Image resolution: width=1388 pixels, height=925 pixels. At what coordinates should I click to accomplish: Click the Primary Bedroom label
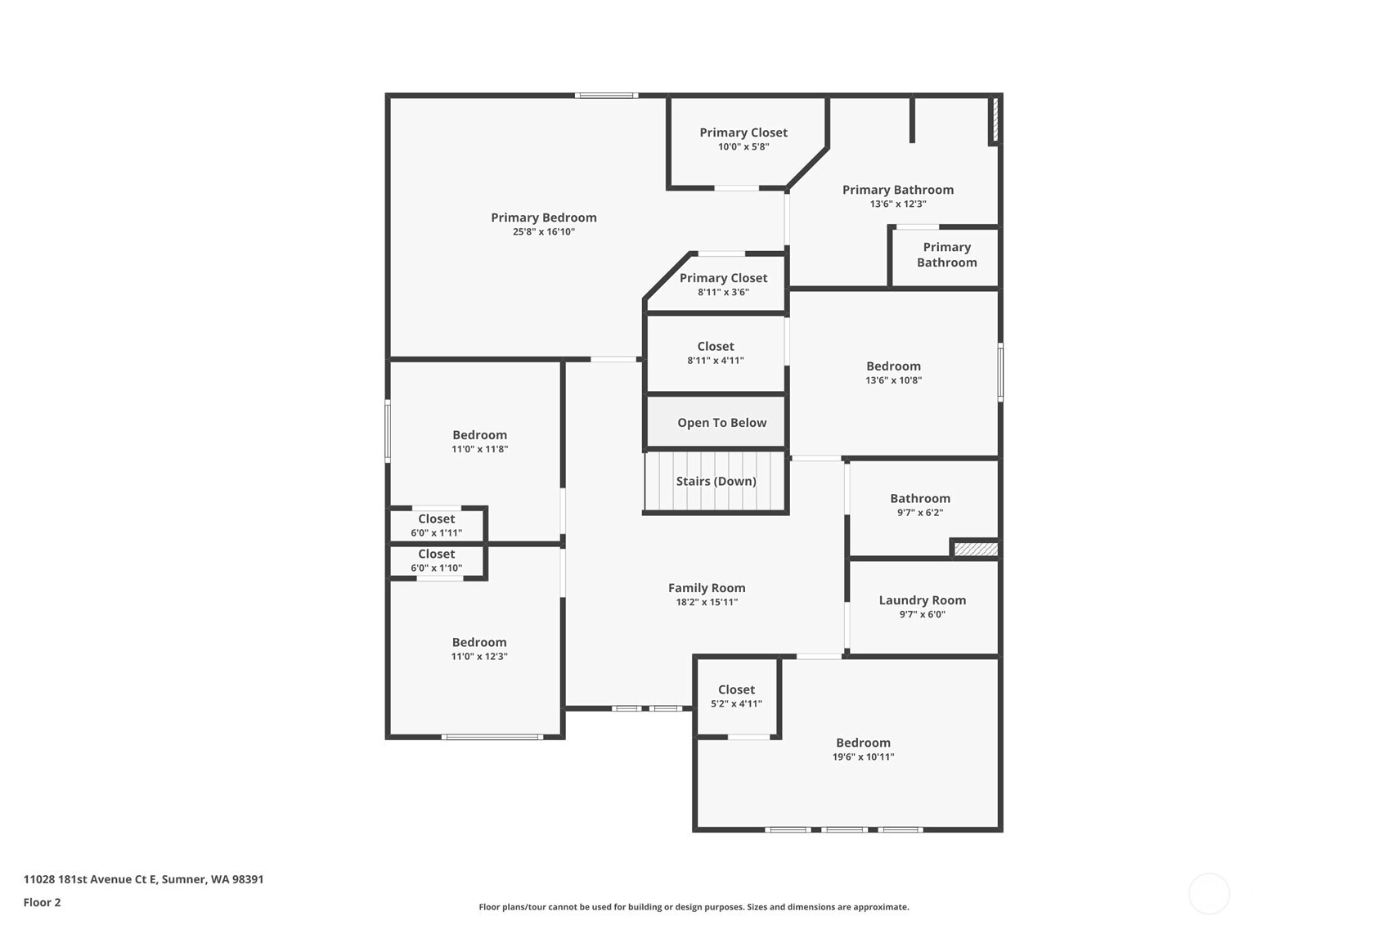coord(543,218)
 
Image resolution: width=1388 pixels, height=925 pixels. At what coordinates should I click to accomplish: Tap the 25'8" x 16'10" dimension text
coord(543,231)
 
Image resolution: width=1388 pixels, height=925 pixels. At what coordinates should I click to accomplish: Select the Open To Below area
coord(716,421)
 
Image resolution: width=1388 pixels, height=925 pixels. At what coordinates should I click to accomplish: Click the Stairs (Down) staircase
coord(715,481)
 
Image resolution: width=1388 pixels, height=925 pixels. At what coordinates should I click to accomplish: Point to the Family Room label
coord(707,588)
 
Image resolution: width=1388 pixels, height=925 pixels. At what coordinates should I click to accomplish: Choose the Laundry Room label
coord(922,600)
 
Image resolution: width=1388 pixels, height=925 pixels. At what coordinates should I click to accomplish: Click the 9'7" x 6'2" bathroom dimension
coord(920,512)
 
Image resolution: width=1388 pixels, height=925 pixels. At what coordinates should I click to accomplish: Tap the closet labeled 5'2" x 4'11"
coord(736,696)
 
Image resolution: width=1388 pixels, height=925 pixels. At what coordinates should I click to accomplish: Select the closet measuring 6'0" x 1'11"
coord(436,525)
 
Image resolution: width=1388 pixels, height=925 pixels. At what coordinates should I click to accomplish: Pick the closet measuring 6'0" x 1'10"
coord(436,561)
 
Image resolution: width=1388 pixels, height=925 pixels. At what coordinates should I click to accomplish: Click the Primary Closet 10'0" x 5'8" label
coord(743,139)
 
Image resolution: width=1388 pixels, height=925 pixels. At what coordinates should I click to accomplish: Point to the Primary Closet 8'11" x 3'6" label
coord(723,285)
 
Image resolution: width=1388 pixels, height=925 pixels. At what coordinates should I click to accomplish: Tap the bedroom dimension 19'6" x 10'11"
coord(863,757)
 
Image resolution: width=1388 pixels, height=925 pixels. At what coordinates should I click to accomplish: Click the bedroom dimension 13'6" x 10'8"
coord(893,380)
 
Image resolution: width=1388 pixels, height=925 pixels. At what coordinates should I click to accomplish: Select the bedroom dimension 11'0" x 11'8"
coord(479,449)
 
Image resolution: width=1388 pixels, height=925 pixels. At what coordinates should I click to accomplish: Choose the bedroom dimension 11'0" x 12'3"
coord(479,657)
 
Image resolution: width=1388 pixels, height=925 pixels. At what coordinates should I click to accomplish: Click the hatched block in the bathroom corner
coord(976,549)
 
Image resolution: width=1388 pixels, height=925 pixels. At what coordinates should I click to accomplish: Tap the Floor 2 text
coord(43,902)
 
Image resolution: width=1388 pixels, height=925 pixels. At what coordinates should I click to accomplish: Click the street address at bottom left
coord(144,879)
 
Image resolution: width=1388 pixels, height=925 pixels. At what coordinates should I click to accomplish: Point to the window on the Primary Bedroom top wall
coord(606,96)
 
